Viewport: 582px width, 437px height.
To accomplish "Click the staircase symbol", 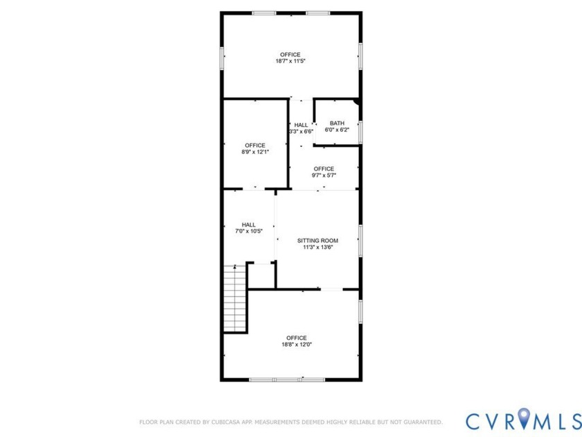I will (x=235, y=300).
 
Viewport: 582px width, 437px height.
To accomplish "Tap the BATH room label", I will (x=337, y=123).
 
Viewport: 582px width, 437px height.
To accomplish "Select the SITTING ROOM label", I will (x=317, y=240).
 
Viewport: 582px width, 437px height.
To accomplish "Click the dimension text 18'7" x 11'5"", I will (x=290, y=61).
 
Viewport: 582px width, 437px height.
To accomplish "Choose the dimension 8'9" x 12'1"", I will (x=254, y=152).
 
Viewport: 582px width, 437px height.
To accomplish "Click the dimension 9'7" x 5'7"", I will (x=324, y=175).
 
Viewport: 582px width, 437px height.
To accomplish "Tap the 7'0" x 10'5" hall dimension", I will (x=249, y=231).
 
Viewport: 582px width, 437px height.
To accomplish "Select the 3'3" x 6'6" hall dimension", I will (x=301, y=131).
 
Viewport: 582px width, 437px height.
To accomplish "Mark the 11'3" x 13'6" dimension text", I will (x=317, y=247).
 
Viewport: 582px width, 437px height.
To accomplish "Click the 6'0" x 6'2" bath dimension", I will (x=337, y=130).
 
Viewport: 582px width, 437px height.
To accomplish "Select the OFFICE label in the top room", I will (x=290, y=54).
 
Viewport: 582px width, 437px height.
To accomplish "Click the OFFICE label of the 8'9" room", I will (x=254, y=145).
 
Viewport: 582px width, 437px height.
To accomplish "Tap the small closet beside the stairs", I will (x=261, y=275).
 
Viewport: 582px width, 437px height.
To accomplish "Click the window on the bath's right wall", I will (x=360, y=131).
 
